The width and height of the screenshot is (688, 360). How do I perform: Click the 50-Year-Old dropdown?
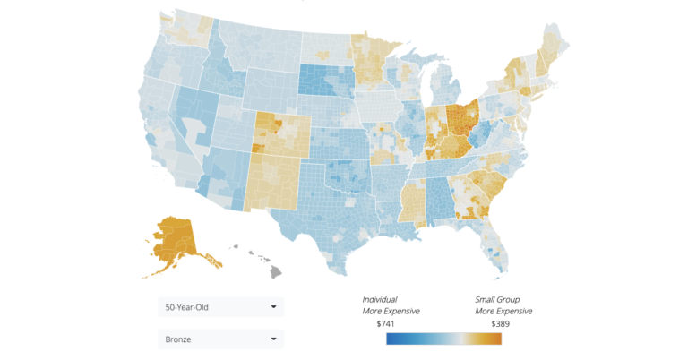coord(219,307)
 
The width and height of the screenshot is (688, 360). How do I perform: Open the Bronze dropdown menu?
coord(219,339)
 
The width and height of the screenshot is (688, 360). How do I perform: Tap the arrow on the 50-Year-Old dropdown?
coord(273,307)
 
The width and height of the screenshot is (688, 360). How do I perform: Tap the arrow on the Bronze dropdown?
coord(273,339)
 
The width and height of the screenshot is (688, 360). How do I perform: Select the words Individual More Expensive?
coord(391,304)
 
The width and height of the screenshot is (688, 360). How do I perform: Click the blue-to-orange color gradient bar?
coord(443,339)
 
